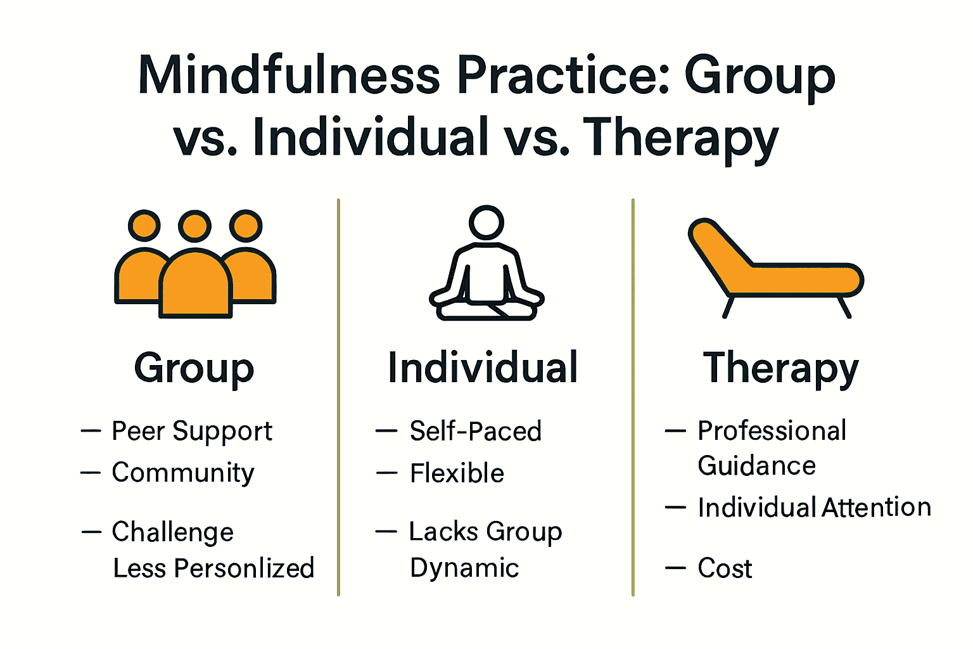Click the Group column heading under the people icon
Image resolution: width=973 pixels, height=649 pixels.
point(194,368)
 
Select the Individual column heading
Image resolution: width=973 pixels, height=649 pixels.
point(483,368)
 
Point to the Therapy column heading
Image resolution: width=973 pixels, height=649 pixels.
point(780,368)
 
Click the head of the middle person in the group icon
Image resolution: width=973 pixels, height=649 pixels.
point(194,226)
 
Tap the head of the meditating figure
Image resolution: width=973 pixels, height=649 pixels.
point(486,222)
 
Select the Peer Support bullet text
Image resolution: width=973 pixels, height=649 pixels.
point(192,432)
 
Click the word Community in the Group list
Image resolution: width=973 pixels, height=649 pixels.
point(183,473)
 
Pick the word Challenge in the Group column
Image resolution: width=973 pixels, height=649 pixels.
point(172,532)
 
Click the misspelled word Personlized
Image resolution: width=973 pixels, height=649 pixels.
point(245,569)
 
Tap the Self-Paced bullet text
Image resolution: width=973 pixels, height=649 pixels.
point(476,432)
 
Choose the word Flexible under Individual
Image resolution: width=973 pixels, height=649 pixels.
point(457,473)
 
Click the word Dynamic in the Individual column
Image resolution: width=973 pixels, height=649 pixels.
point(464,569)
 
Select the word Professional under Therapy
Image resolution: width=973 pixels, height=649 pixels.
point(772,431)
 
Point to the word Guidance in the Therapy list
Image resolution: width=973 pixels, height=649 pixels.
point(756,466)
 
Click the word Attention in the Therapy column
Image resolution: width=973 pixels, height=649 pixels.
point(877,508)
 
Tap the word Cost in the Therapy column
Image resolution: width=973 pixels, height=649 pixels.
point(725,569)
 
